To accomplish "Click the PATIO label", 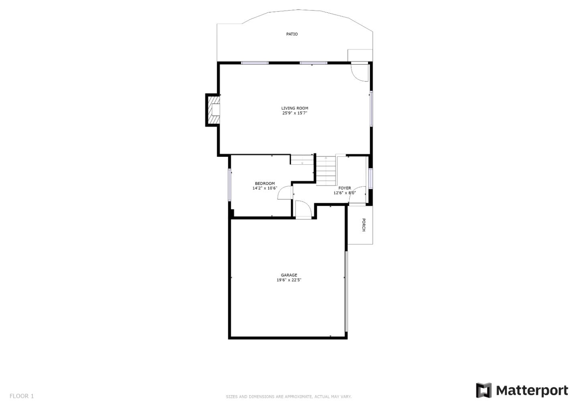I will (292, 34).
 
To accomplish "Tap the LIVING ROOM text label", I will (295, 108).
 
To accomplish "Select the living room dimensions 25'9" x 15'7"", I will (295, 113).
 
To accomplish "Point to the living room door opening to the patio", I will (360, 72).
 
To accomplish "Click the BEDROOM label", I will (265, 184).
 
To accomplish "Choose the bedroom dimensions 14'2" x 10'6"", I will (265, 188).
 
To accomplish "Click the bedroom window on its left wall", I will (230, 185).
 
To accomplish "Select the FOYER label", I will (344, 188).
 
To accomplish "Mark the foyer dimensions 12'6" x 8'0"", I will (344, 193).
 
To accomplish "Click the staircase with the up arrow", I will (326, 171).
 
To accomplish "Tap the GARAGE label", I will (289, 275).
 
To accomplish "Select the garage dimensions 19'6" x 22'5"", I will (289, 280).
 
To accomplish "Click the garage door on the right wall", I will (346, 291).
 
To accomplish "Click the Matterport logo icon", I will (484, 390).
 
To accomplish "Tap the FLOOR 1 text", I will (22, 396).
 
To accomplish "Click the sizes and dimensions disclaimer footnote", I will (289, 397).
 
